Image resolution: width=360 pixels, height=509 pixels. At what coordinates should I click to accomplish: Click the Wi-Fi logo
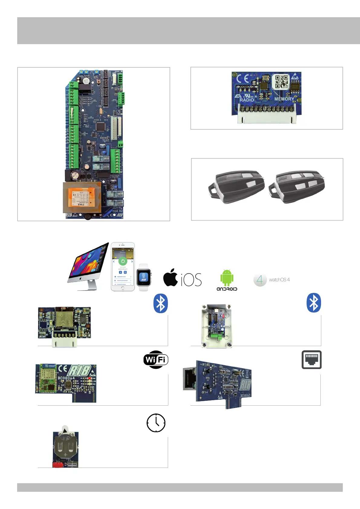click(x=156, y=360)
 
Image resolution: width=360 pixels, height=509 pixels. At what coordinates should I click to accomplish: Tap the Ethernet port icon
click(x=311, y=360)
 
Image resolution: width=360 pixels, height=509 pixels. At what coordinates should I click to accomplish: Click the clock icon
click(x=156, y=423)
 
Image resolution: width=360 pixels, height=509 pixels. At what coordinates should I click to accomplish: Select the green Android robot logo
click(x=227, y=277)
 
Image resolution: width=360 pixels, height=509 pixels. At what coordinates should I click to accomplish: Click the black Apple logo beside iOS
click(x=171, y=277)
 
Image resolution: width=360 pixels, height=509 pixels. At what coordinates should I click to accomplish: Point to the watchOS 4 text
click(x=279, y=280)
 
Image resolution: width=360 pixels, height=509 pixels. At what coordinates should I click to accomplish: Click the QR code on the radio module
click(x=282, y=82)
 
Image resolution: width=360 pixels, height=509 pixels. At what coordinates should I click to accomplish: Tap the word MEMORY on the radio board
click(x=284, y=99)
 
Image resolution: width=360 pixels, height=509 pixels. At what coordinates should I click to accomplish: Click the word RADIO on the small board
click(x=247, y=100)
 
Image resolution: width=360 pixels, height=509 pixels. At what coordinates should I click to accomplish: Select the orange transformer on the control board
click(x=81, y=198)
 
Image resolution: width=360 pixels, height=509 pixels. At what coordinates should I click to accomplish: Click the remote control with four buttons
click(x=297, y=187)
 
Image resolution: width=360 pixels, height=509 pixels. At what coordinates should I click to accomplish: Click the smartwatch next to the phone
click(x=144, y=277)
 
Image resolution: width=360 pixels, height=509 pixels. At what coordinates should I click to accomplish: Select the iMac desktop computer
click(x=88, y=266)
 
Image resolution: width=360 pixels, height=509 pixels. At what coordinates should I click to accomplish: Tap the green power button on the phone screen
click(x=123, y=261)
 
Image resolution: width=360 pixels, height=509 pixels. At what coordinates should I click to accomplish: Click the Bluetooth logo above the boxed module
click(x=314, y=303)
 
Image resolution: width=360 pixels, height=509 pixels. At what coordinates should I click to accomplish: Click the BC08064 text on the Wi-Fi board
click(x=66, y=378)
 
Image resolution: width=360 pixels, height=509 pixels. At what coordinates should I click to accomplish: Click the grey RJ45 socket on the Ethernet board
click(x=190, y=379)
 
